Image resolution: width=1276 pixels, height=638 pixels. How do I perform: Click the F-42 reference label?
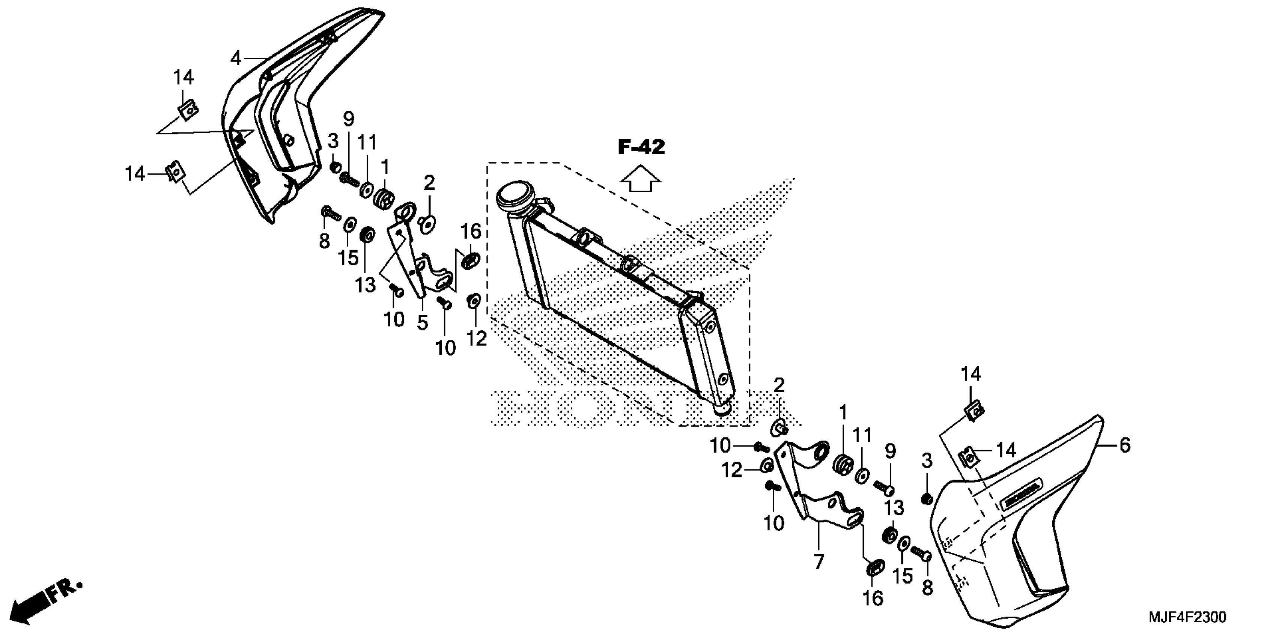(x=641, y=147)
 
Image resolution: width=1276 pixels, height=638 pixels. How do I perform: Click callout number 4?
(x=236, y=59)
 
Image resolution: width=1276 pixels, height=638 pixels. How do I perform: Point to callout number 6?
(x=1125, y=446)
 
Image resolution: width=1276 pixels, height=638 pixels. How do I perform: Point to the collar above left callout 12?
(x=474, y=300)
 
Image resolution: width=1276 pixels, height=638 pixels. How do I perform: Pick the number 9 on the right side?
(x=890, y=451)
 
